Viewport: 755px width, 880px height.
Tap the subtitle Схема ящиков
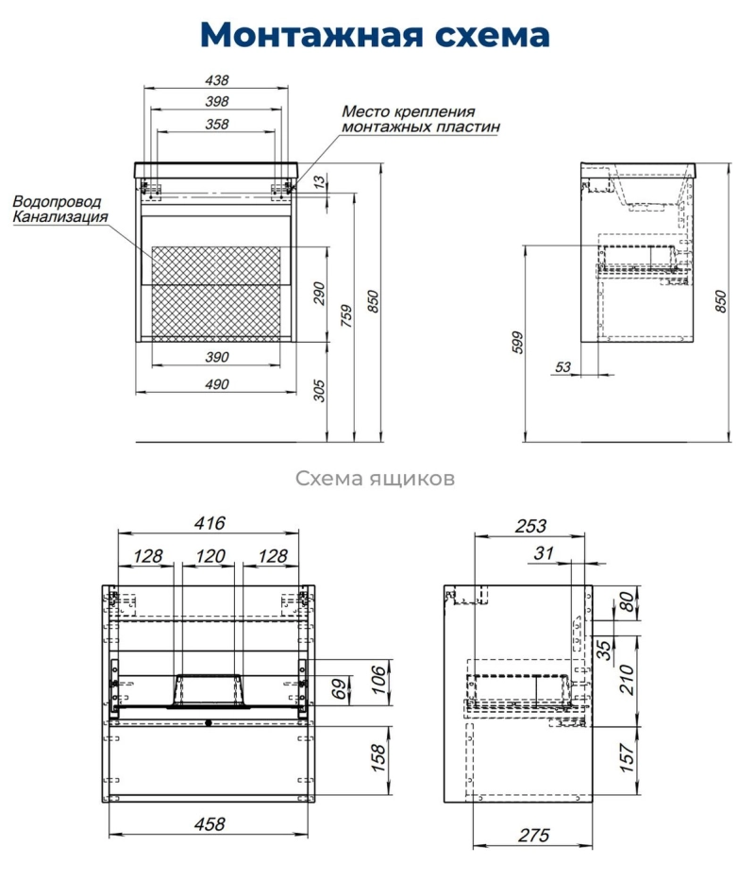pyautogui.click(x=376, y=479)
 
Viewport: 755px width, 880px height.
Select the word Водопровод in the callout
pyautogui.click(x=57, y=202)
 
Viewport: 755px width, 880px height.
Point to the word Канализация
pyautogui.click(x=60, y=217)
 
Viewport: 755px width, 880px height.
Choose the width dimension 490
pyautogui.click(x=217, y=384)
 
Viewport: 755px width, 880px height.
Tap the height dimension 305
pyautogui.click(x=319, y=390)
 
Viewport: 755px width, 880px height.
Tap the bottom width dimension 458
pyautogui.click(x=209, y=824)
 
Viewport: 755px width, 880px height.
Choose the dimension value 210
pyautogui.click(x=625, y=678)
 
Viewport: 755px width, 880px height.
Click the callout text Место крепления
pyautogui.click(x=408, y=110)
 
